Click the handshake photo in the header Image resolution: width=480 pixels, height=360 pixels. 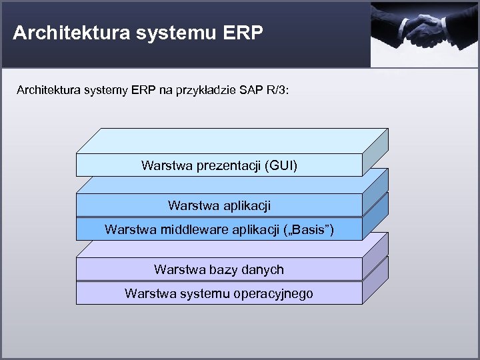point(425,34)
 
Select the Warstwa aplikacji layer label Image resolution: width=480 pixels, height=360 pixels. point(219,205)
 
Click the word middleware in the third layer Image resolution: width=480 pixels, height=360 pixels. point(190,230)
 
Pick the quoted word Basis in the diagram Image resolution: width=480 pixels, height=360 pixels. point(307,230)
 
